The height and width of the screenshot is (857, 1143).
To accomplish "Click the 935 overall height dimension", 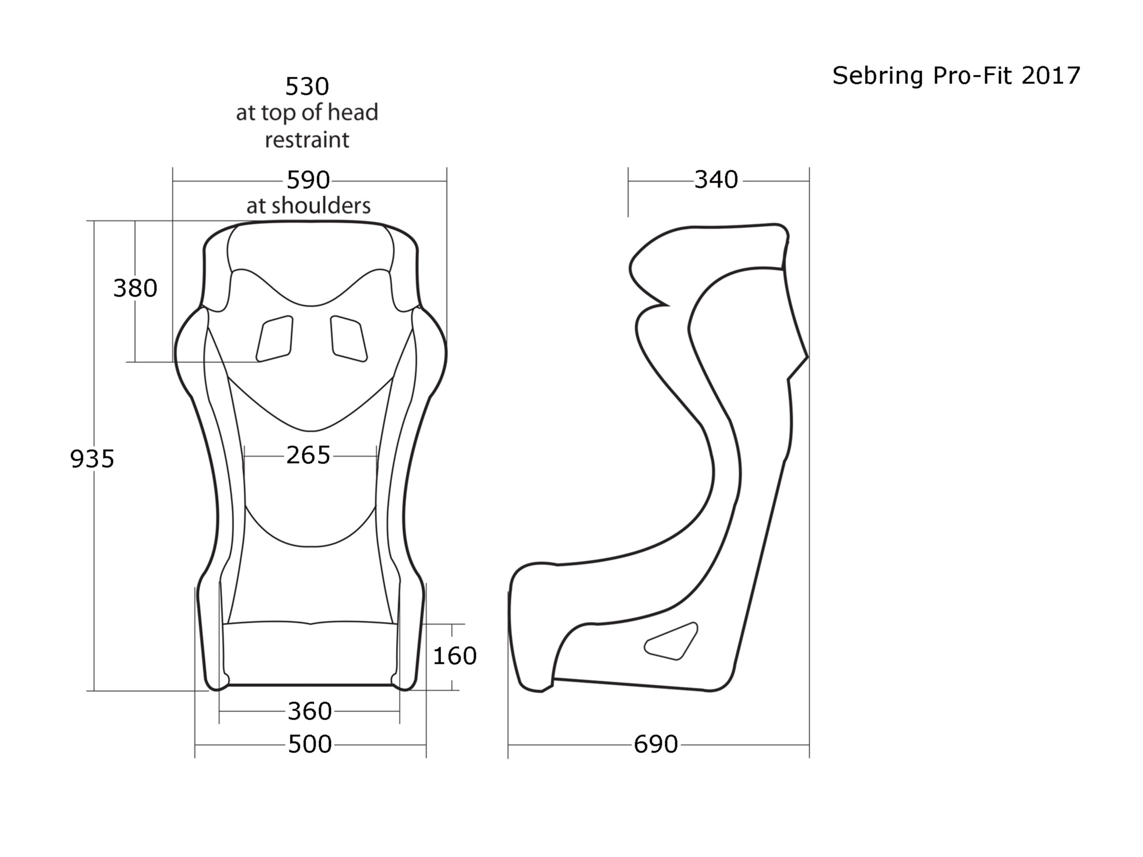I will pos(92,458).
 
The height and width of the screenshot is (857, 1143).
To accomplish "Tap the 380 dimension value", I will pos(135,288).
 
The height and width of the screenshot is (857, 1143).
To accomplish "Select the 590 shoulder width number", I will pos(308,180).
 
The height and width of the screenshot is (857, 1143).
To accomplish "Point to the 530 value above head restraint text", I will pos(307,86).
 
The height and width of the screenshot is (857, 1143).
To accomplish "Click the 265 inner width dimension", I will pos(308,455).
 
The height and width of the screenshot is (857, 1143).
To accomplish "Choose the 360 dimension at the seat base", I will pos(309,711).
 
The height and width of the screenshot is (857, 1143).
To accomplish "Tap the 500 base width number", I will pos(309,744).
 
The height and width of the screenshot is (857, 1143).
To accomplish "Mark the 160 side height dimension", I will pos(454,656).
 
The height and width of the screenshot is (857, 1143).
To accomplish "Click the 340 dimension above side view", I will pos(716,180).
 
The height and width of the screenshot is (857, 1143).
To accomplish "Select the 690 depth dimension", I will pos(655,744).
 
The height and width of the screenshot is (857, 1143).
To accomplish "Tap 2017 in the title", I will pos(1050,76).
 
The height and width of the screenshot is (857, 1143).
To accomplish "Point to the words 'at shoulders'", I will pos(309,206).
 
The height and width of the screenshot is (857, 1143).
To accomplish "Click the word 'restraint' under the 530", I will pos(307,140).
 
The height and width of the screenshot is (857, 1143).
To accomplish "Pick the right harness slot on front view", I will pos(348,339).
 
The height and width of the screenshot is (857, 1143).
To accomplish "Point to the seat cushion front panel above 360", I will pos(310,654).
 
